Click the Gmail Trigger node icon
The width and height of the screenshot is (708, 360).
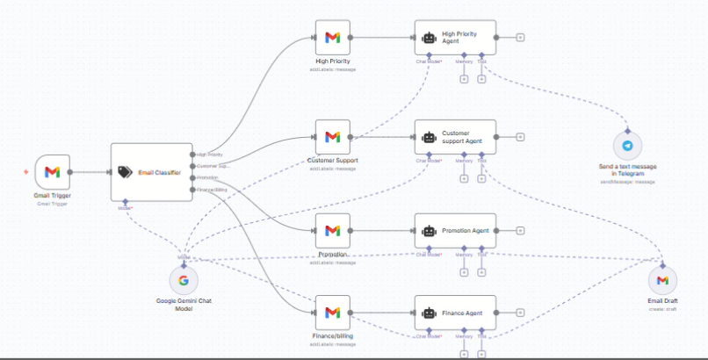(52, 172)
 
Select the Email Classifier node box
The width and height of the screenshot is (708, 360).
(151, 172)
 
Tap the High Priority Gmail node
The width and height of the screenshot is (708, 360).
(332, 38)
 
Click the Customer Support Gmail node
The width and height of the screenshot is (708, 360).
(332, 137)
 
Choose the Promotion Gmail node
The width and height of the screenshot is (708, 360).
(332, 231)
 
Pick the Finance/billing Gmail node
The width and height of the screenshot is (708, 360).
(332, 313)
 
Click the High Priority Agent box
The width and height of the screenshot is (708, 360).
(455, 38)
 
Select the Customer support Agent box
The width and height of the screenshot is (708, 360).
(455, 137)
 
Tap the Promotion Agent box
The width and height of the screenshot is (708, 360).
(455, 231)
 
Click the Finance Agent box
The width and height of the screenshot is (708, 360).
(455, 313)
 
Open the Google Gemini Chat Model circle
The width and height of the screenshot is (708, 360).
(184, 281)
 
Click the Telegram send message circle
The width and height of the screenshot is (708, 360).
(627, 147)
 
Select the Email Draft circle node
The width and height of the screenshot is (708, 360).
(662, 281)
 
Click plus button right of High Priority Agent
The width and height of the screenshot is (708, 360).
(520, 38)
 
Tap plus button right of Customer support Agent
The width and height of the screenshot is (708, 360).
(520, 137)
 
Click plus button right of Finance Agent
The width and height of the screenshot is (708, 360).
(520, 313)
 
